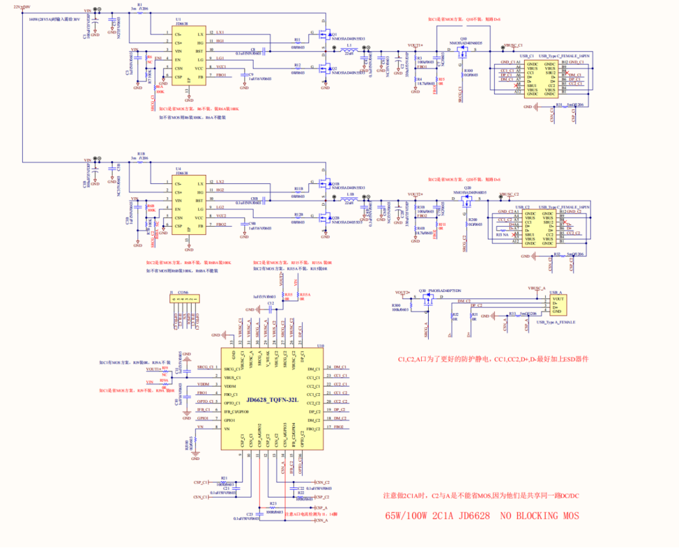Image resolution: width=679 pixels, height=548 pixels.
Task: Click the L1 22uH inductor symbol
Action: [349, 52]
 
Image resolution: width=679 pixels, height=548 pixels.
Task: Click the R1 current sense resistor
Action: [140, 16]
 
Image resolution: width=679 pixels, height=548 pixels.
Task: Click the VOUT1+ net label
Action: [415, 45]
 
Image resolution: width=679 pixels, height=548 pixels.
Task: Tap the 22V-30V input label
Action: [22, 6]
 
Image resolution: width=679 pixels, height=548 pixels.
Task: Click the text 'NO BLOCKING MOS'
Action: [540, 515]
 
